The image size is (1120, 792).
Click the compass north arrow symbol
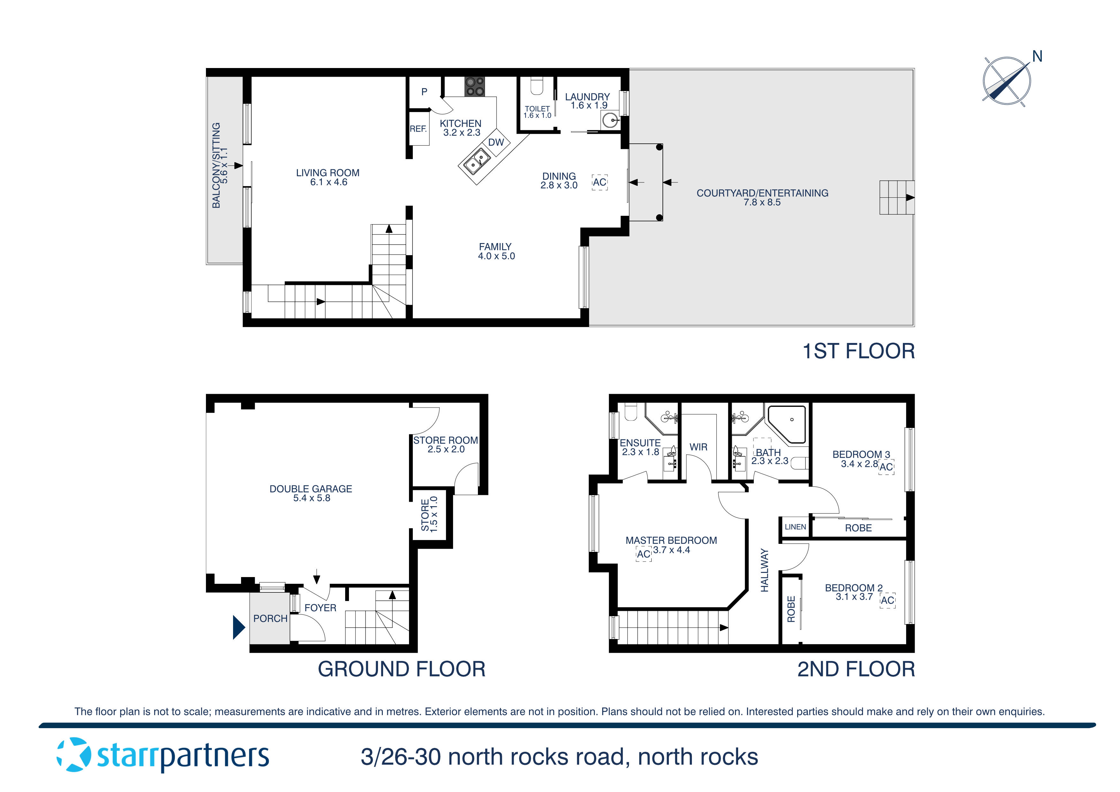pos(1007,81)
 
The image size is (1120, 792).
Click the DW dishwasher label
pos(496,142)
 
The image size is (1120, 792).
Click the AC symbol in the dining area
pos(600,182)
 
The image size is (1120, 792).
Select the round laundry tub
pos(610,120)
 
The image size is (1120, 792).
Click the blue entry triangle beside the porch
pos(238,628)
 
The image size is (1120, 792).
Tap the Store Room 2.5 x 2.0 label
pos(445,445)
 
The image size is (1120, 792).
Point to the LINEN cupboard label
pos(795,527)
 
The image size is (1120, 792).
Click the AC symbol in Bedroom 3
pos(886,467)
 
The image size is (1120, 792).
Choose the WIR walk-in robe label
pos(698,447)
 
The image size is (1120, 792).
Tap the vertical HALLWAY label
pos(764,570)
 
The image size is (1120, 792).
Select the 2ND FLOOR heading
pos(856,669)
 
